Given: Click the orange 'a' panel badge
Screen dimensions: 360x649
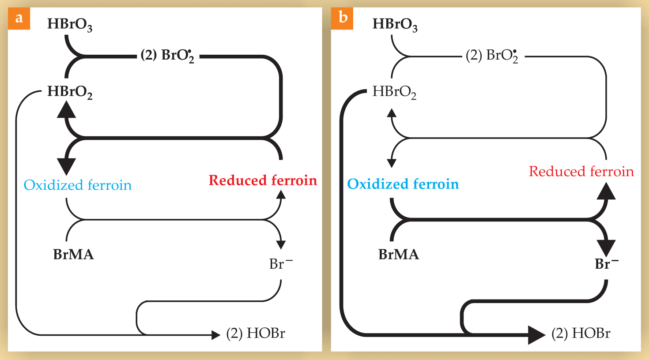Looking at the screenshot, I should pyautogui.click(x=19, y=19).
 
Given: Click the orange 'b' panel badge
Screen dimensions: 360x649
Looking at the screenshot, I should pyautogui.click(x=342, y=19).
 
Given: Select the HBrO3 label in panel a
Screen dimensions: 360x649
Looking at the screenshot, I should pyautogui.click(x=70, y=25).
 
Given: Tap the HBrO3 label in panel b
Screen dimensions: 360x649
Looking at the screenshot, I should pyautogui.click(x=395, y=25).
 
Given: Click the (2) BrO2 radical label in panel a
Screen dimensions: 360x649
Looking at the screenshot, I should pyautogui.click(x=167, y=56).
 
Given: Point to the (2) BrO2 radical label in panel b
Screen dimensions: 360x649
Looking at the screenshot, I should pyautogui.click(x=492, y=56).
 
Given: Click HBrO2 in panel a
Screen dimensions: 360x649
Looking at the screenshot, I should pyautogui.click(x=70, y=92).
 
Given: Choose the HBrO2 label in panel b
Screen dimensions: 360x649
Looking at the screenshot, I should pyautogui.click(x=394, y=92).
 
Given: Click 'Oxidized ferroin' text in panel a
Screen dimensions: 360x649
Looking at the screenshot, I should pyautogui.click(x=78, y=185).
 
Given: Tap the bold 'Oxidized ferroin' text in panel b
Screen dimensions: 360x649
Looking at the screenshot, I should pyautogui.click(x=403, y=184).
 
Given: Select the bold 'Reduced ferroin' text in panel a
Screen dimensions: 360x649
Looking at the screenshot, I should pyautogui.click(x=263, y=180).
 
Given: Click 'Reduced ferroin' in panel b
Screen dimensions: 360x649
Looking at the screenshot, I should pyautogui.click(x=581, y=171).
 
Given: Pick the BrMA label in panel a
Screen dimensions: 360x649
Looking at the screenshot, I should pyautogui.click(x=73, y=255).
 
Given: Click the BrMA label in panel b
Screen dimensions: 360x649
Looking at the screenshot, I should pyautogui.click(x=399, y=255).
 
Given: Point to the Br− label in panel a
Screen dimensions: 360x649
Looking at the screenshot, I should pyautogui.click(x=280, y=264).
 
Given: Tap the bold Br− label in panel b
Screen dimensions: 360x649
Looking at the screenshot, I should pyautogui.click(x=606, y=264).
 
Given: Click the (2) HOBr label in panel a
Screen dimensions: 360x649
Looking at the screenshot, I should pyautogui.click(x=256, y=334).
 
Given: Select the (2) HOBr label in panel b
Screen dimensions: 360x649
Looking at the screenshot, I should pyautogui.click(x=581, y=334).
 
